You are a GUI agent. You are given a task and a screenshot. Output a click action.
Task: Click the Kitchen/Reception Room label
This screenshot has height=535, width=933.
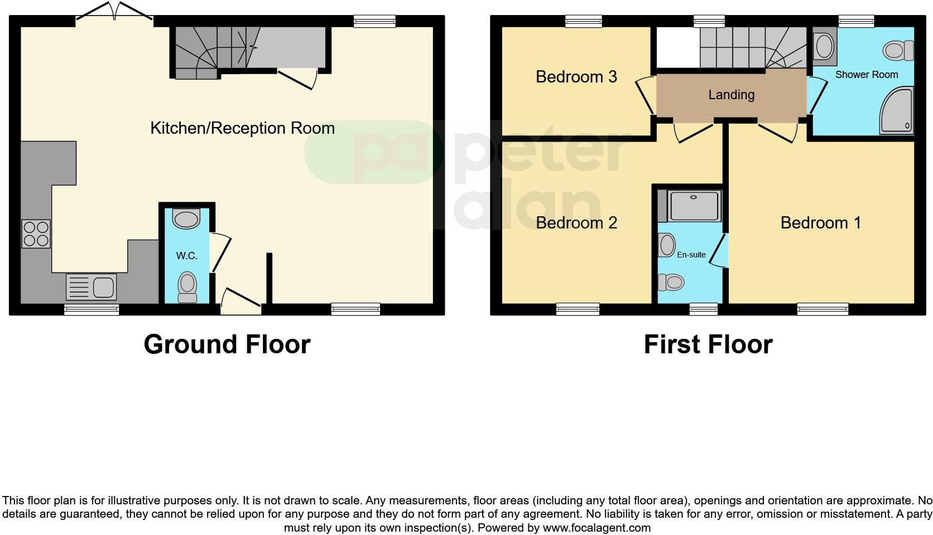(x=242, y=128)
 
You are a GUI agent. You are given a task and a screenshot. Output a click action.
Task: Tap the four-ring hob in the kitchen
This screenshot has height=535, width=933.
(x=36, y=234)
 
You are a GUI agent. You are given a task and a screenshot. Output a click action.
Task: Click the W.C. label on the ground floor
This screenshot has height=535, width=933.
(x=187, y=256)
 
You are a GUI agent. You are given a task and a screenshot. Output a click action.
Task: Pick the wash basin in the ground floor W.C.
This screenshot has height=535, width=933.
(x=186, y=218)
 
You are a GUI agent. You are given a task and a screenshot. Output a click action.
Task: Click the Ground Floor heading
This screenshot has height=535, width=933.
(x=227, y=344)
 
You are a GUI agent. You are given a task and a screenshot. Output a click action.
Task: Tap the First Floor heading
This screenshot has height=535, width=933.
(x=708, y=344)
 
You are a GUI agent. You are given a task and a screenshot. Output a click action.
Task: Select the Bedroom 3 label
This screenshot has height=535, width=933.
(x=576, y=77)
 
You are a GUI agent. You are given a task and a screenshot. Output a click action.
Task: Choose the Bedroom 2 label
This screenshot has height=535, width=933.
(x=576, y=223)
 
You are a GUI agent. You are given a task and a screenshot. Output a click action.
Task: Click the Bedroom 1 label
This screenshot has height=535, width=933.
(x=820, y=223)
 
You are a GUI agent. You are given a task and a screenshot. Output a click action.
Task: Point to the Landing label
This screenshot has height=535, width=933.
(x=731, y=95)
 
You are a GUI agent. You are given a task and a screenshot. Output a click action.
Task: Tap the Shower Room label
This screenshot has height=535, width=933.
(x=866, y=75)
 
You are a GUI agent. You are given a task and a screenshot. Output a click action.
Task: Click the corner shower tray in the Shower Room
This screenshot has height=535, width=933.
(x=896, y=111)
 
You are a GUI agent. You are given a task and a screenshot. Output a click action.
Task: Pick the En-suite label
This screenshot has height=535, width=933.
(x=691, y=255)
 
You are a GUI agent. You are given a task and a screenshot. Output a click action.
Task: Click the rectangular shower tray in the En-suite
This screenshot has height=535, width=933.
(x=694, y=205)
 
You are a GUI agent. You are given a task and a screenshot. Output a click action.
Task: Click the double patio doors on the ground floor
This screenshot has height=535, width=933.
(x=114, y=12)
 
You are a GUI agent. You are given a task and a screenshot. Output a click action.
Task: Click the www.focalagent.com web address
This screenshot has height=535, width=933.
(x=596, y=527)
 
